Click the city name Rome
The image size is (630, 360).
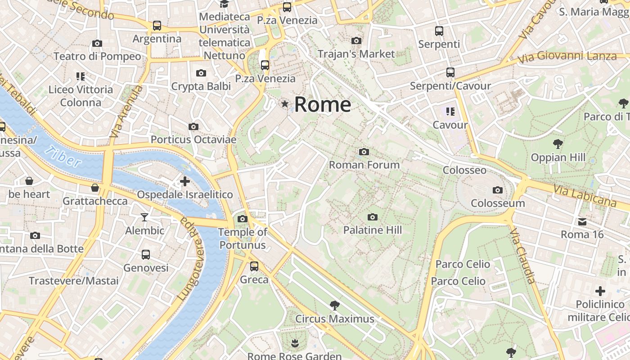323,105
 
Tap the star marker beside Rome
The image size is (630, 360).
284,104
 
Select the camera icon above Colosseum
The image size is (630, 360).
497,190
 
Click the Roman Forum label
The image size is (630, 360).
364,165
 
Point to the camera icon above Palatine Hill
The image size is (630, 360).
372,217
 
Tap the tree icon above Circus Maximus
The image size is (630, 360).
334,306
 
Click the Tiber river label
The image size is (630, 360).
63,156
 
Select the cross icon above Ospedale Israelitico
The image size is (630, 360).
184,181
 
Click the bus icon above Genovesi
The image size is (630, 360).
146,255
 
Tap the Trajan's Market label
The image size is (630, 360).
356,54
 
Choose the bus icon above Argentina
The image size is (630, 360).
157,26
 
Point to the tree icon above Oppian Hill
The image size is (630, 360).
558,144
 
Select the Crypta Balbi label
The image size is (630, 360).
201,86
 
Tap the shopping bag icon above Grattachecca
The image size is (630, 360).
95,188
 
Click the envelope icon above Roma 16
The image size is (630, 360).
582,222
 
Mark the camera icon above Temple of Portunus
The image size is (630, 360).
242,219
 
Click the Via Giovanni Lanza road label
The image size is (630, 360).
567,57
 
